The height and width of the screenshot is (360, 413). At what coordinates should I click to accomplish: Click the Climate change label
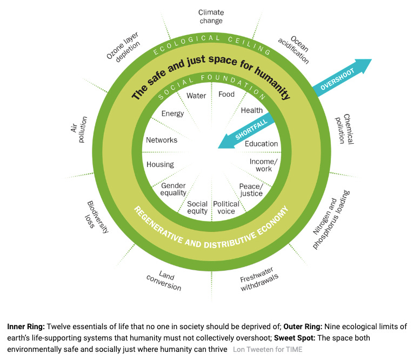tap(210, 16)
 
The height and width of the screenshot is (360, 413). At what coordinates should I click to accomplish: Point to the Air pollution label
tap(79, 129)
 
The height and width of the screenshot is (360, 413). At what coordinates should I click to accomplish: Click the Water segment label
tap(196, 96)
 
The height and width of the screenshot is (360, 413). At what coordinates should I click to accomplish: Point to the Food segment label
tap(226, 95)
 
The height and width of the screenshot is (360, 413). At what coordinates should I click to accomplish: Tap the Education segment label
tap(261, 144)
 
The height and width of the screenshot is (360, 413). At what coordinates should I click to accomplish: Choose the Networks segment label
tap(162, 140)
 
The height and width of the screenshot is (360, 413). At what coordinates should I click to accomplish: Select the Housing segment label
tap(160, 164)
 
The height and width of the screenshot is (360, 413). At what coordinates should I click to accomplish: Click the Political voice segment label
tap(226, 208)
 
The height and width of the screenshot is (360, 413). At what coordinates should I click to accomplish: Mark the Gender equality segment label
tap(173, 189)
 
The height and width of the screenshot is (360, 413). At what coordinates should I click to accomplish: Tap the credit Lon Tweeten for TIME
tap(267, 350)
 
